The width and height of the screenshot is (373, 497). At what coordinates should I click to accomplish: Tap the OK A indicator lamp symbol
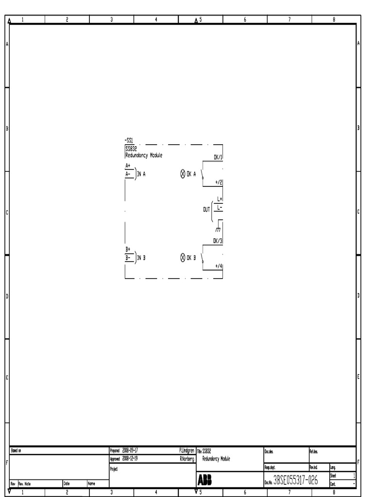coord(183,174)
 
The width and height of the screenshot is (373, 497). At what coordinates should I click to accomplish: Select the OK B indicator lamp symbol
coord(183,258)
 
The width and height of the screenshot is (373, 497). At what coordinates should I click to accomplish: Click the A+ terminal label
coord(128,166)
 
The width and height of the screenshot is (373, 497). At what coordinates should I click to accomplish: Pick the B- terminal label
coord(128,258)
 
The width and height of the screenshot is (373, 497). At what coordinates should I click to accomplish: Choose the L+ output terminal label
coord(220,199)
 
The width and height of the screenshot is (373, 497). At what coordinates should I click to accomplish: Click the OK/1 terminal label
coord(218,157)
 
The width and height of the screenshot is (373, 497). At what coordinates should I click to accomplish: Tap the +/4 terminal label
coord(218,266)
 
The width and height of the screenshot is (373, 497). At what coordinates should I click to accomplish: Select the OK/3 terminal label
coord(218,241)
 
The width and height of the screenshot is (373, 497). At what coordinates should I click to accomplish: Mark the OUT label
coord(206,209)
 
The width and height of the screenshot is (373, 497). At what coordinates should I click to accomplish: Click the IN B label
coord(141,258)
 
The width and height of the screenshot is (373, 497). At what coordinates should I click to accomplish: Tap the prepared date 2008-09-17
coord(130,451)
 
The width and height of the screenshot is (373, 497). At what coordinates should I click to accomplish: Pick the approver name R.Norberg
coord(187,458)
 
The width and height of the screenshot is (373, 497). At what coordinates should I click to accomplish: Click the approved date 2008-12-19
coord(130,458)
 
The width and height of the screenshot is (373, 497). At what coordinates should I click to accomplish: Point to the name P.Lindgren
coord(186,451)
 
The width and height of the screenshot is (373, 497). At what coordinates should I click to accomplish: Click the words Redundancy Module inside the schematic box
coord(144,155)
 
